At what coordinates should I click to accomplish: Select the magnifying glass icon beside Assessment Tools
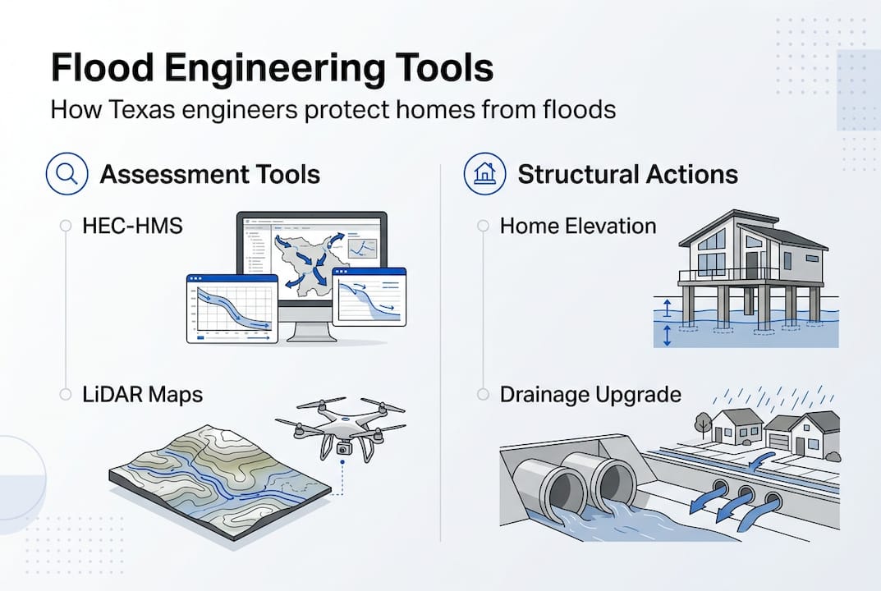(x=67, y=174)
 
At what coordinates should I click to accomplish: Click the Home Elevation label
(x=578, y=226)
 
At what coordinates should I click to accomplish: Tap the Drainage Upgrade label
(x=590, y=394)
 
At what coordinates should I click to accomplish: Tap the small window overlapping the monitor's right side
(x=369, y=296)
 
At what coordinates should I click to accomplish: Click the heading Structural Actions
(x=627, y=174)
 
